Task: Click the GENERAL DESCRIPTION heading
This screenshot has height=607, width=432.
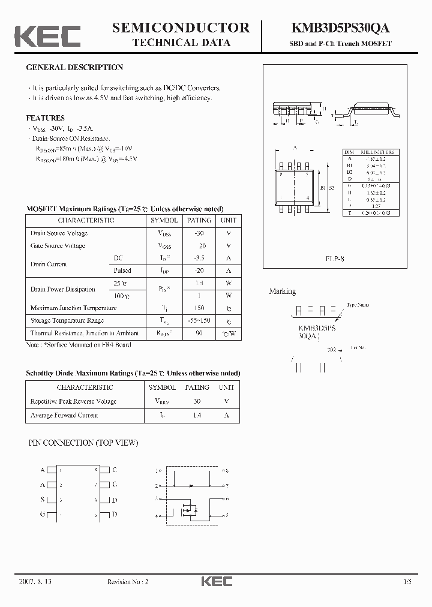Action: tap(74, 68)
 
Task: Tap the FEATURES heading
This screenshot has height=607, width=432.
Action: tap(46, 118)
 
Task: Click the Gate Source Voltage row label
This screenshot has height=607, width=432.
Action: tap(58, 246)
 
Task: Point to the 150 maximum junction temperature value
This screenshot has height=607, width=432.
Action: tap(199, 308)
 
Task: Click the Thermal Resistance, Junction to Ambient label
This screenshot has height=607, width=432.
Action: tap(85, 333)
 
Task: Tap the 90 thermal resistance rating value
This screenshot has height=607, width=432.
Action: tap(199, 333)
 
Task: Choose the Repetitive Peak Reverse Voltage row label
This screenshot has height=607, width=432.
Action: tap(73, 401)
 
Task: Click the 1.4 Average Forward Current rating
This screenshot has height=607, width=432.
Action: tap(197, 415)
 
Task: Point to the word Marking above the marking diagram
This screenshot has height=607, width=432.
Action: tap(282, 292)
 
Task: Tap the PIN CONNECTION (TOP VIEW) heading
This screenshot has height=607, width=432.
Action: tap(83, 443)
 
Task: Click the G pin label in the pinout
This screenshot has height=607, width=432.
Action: tap(43, 515)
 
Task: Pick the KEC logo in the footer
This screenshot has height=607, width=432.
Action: tap(216, 581)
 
